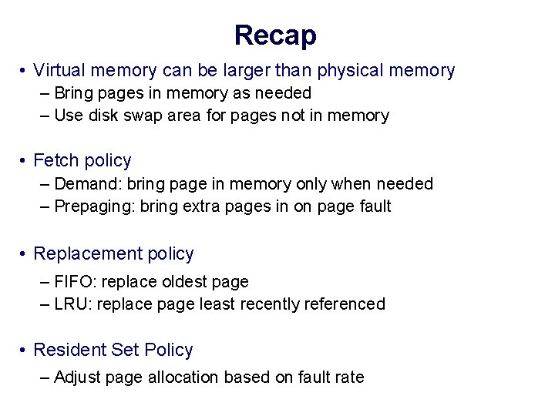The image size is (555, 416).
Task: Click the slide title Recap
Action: pos(275,35)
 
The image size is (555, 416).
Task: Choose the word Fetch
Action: pos(55,160)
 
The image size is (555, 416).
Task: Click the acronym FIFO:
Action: pos(76,282)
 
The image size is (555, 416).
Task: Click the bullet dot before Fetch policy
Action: pos(25,161)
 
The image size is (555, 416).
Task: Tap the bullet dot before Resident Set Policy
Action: pos(25,351)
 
